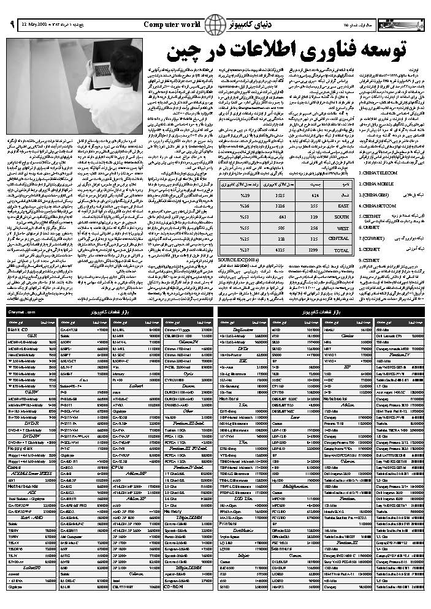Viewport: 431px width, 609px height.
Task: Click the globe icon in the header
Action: pos(213,24)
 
